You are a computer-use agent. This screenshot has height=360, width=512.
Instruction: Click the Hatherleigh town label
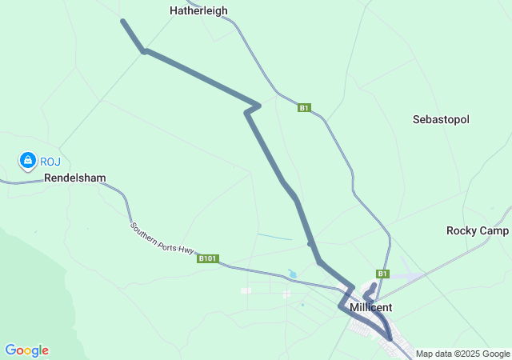coord(198,11)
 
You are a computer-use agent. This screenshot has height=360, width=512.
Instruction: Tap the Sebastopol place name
coord(441,119)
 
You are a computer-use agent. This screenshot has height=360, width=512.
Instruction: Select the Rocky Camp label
coord(478,230)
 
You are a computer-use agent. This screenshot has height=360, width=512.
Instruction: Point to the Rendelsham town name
coord(74,178)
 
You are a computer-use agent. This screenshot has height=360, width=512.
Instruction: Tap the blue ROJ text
coord(50,162)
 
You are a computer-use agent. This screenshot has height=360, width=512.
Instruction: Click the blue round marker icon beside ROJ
coord(28,161)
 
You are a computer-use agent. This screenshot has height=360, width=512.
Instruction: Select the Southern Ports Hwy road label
coord(162,238)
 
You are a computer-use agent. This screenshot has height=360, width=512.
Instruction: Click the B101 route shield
coord(207,258)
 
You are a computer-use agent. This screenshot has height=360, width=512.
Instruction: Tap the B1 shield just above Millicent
coord(382,274)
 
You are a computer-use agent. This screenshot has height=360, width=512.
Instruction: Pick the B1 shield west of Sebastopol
coord(303,108)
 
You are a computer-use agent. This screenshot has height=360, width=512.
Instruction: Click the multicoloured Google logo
coord(26,350)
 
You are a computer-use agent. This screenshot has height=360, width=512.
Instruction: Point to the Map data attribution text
coord(462,354)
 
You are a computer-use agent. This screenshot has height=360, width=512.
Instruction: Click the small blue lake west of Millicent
coord(292,274)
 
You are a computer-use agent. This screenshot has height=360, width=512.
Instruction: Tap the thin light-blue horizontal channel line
coord(274,237)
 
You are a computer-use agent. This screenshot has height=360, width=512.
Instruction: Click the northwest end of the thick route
coord(122,21)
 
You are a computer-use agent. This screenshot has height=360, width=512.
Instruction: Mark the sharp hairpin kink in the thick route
coord(257,105)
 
